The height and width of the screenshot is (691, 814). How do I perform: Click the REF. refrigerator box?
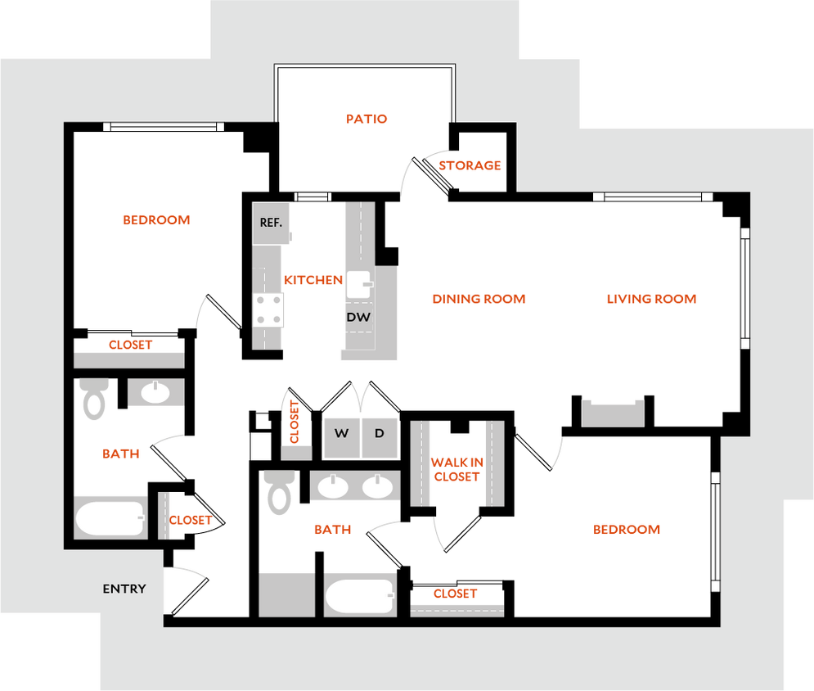pyautogui.click(x=271, y=223)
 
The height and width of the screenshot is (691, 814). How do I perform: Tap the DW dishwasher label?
pyautogui.click(x=358, y=317)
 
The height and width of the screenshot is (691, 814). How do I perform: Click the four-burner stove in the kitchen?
pyautogui.click(x=268, y=310)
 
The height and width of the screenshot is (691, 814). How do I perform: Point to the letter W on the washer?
pyautogui.click(x=341, y=434)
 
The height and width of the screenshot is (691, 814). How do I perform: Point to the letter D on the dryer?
pyautogui.click(x=379, y=434)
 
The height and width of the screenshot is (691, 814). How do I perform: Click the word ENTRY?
pyautogui.click(x=124, y=589)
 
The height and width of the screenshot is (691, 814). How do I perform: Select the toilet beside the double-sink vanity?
pyautogui.click(x=279, y=493)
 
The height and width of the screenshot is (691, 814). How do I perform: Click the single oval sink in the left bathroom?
pyautogui.click(x=155, y=393)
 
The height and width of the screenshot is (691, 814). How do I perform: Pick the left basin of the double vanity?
pyautogui.click(x=333, y=487)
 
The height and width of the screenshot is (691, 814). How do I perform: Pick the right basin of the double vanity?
pyautogui.click(x=376, y=487)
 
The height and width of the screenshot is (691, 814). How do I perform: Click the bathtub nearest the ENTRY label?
pyautogui.click(x=110, y=517)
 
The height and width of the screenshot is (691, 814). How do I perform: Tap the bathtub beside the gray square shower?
pyautogui.click(x=360, y=595)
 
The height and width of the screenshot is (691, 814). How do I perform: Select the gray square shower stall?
pyautogui.click(x=286, y=594)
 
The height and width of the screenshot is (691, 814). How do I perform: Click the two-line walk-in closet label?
pyautogui.click(x=456, y=470)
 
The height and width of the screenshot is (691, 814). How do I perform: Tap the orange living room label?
pyautogui.click(x=651, y=300)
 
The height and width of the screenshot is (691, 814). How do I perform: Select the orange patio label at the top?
pyautogui.click(x=366, y=120)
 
